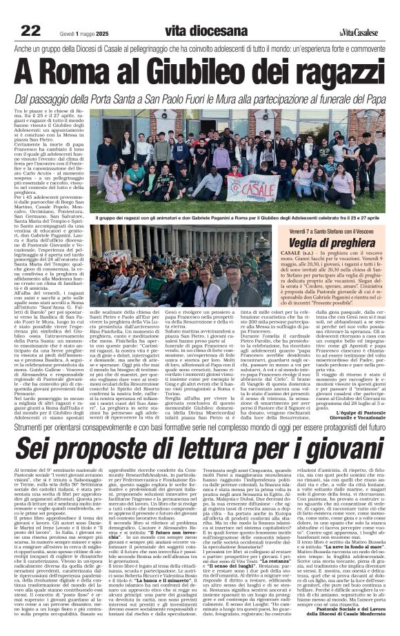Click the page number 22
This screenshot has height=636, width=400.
pos(30,30)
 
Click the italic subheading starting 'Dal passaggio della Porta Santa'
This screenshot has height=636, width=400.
pos(200,99)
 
